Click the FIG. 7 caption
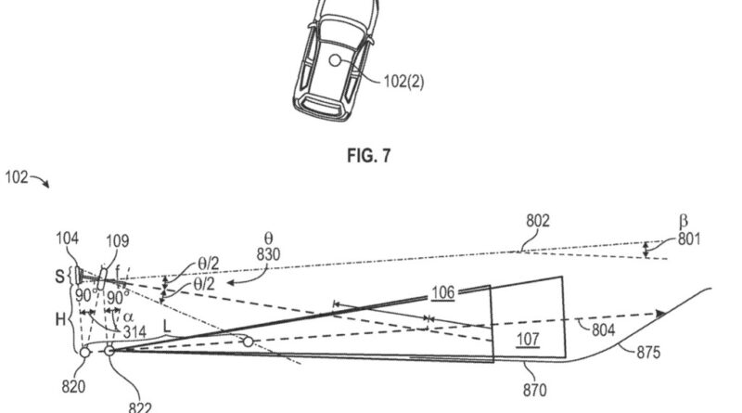tap(369, 155)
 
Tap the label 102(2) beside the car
tap(403, 82)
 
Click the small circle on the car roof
tap(335, 60)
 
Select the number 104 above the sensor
tap(67, 239)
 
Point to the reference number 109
tap(118, 240)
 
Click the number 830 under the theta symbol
tap(268, 254)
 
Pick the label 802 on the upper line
tap(538, 221)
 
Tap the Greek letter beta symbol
tap(684, 221)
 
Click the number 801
tap(689, 239)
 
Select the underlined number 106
tap(443, 292)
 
